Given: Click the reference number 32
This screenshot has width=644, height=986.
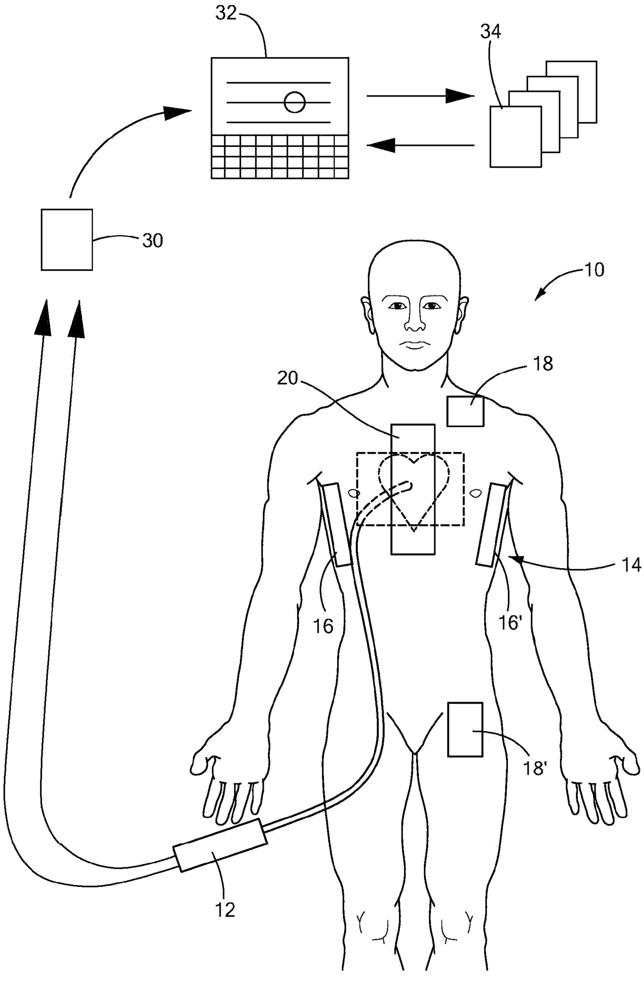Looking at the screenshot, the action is coord(226,13).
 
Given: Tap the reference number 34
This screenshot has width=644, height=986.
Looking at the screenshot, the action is coord(490,32).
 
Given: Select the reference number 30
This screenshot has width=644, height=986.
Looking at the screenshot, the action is coord(152,240).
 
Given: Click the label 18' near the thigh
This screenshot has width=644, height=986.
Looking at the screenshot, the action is coord(534,768).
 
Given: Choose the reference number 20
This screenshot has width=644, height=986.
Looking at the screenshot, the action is coord(287,378).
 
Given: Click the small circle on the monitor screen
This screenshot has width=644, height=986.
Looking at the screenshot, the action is coord(294,102).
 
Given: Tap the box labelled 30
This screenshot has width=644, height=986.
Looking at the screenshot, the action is coord(67,239).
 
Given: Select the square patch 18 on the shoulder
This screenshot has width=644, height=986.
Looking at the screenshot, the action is coord(465,411).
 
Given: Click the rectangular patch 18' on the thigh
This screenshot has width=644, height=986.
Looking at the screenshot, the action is coord(465,729).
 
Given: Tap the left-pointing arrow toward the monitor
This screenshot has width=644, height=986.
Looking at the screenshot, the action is coord(421,145).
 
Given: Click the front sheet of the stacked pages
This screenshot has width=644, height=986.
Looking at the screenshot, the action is coord(515,136).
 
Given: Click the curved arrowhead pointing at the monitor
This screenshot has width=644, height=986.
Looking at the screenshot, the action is coord(177,112).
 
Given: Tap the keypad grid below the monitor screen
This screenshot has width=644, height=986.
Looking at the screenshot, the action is coord(279,157).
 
